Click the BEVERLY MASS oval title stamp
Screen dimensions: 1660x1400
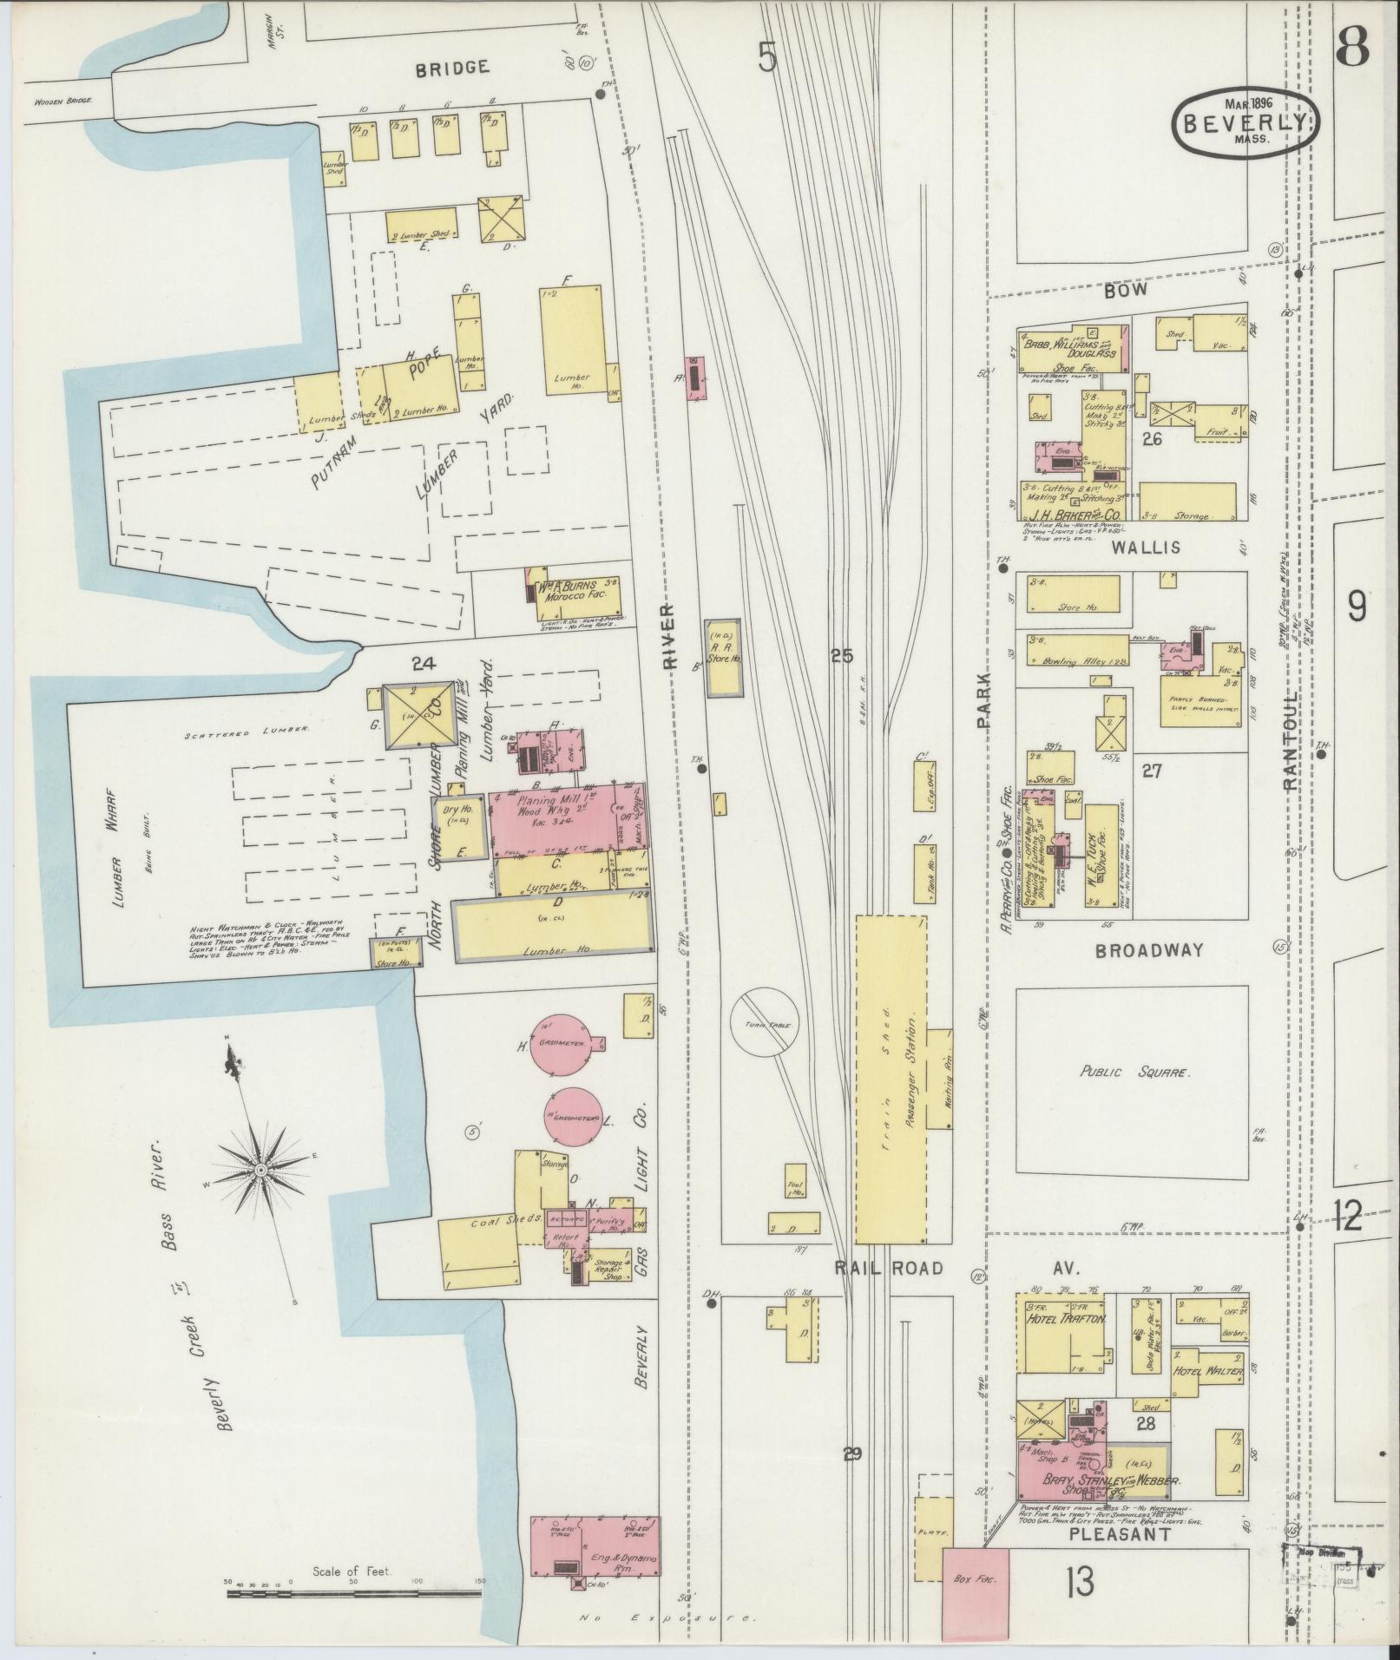pyautogui.click(x=1244, y=123)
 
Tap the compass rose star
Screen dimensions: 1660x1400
pyautogui.click(x=260, y=1171)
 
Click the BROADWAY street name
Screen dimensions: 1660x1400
pyautogui.click(x=1149, y=950)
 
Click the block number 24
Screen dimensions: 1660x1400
pyautogui.click(x=423, y=665)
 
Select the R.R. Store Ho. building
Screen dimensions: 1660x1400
pyautogui.click(x=723, y=657)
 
